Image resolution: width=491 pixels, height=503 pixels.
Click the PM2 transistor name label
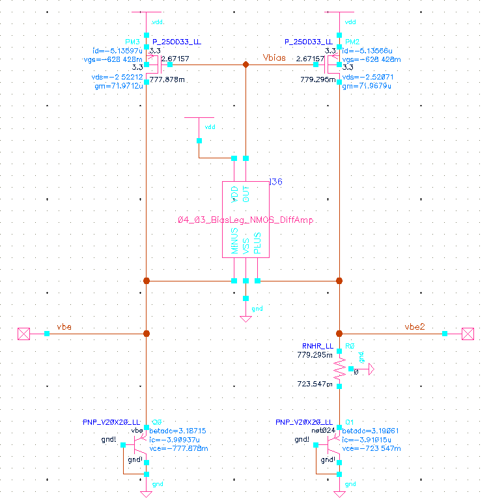coord(351,42)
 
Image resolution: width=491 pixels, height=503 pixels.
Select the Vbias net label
coord(274,58)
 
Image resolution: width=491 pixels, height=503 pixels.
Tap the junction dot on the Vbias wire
coord(245,65)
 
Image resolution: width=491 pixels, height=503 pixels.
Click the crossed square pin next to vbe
coord(23,334)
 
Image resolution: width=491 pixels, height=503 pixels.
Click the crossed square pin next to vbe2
coord(468,334)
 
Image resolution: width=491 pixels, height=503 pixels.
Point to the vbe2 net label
coord(415,326)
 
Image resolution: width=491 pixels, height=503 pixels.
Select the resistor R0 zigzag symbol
coord(339,369)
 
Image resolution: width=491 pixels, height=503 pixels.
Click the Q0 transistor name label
coord(157,422)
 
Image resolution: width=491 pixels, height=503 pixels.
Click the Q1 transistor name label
coord(350,422)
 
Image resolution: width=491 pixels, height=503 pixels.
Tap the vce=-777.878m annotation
coord(175,449)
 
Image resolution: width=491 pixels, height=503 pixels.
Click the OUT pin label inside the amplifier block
coord(245,194)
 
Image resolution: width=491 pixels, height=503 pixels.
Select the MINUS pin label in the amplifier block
coord(234,241)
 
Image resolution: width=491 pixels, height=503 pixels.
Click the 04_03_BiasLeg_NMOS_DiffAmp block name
coord(245,220)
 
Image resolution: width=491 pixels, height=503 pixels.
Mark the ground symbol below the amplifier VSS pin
coord(245,318)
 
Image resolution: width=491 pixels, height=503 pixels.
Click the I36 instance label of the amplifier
coord(275,182)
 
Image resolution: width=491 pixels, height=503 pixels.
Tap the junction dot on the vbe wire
coord(147,334)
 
